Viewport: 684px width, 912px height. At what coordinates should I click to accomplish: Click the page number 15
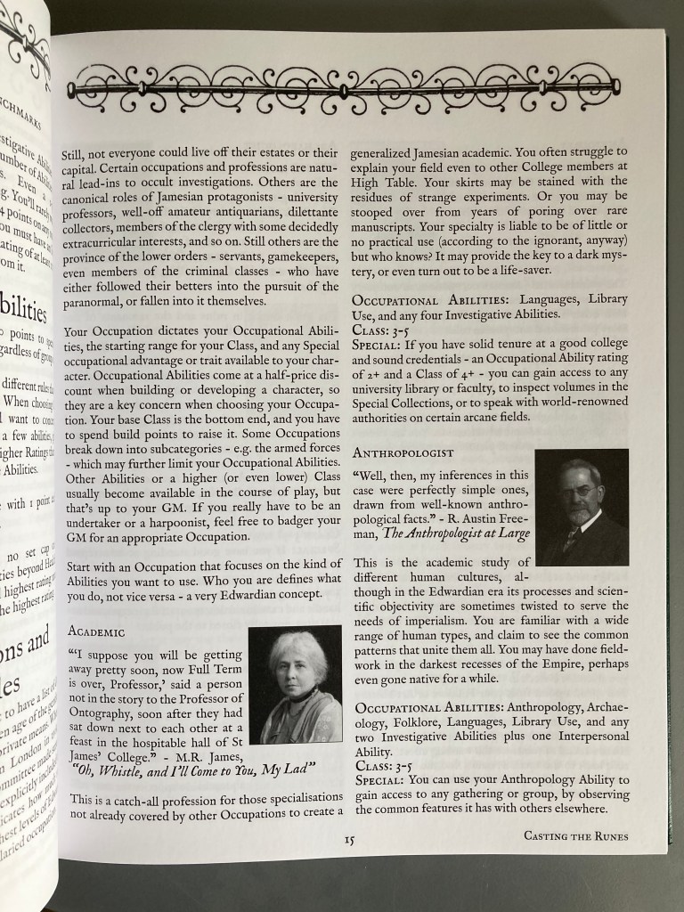351,839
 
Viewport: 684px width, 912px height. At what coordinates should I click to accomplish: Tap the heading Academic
97,631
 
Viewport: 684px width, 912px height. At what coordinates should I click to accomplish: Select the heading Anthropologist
403,452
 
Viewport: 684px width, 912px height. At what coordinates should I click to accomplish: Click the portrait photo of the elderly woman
295,685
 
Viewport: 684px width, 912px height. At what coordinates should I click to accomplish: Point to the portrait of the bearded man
582,508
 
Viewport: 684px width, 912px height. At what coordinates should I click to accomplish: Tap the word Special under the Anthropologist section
382,779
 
